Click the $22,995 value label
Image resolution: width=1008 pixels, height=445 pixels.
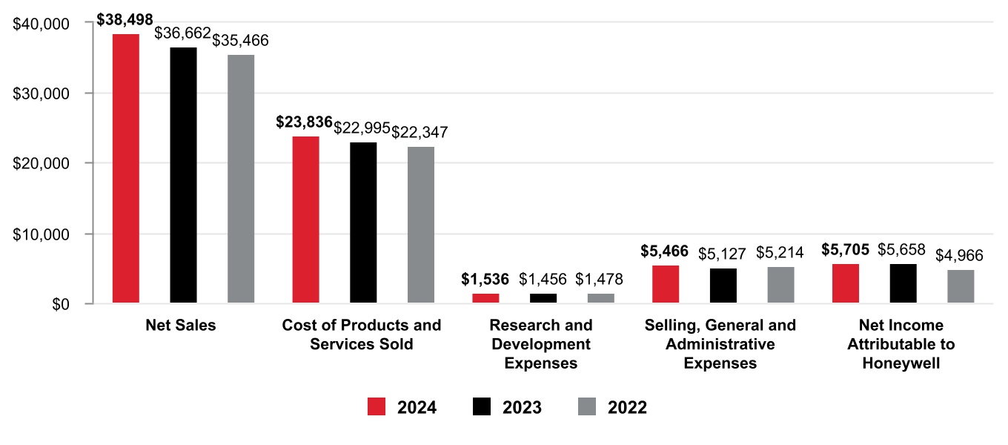click(x=362, y=128)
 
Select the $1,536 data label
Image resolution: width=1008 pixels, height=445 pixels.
click(x=485, y=280)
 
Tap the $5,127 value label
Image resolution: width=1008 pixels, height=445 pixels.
click(x=722, y=254)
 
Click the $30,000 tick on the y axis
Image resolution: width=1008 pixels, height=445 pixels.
click(x=42, y=94)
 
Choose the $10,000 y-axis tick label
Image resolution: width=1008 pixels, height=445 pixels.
click(x=42, y=234)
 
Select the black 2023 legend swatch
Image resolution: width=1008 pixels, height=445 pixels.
click(x=482, y=407)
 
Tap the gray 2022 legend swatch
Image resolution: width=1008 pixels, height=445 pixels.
click(x=587, y=407)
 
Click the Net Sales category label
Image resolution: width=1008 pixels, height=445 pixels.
click(x=181, y=326)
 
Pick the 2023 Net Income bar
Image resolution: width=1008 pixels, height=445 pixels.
click(x=903, y=283)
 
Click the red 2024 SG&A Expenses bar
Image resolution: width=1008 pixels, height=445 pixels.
click(x=665, y=284)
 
